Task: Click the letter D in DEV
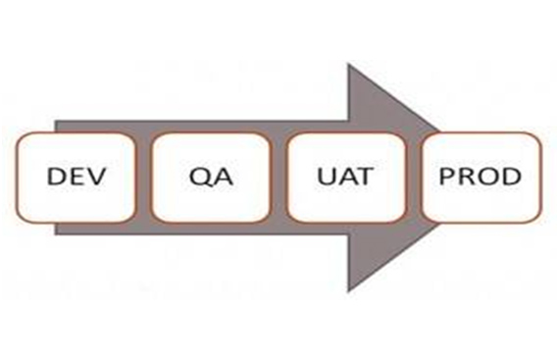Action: tap(56, 179)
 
